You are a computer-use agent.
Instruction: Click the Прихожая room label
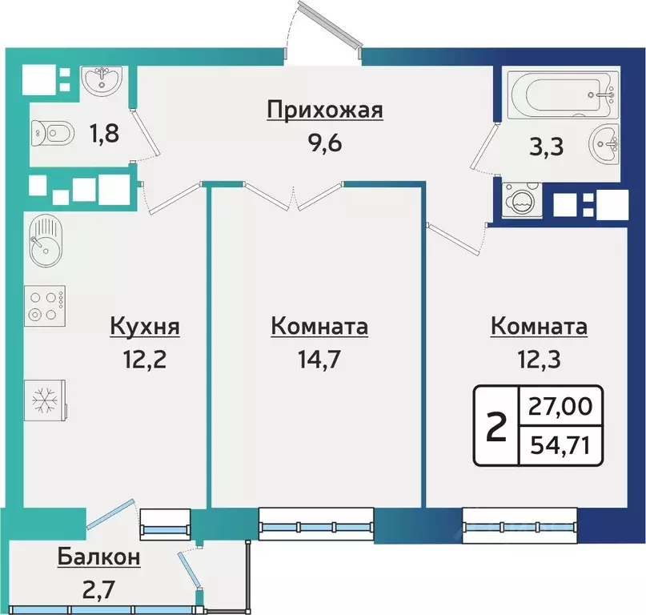325,111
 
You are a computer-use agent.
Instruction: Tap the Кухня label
145,327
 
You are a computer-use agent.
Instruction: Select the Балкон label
99,557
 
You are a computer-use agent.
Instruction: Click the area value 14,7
319,360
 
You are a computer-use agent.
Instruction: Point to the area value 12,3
539,360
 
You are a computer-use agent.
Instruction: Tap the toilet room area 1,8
104,134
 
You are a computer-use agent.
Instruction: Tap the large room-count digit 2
496,427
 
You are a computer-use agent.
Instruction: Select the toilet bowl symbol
53,134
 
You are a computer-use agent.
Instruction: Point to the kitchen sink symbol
46,241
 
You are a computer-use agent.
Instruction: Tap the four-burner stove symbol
45,306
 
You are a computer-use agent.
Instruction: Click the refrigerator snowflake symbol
45,400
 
